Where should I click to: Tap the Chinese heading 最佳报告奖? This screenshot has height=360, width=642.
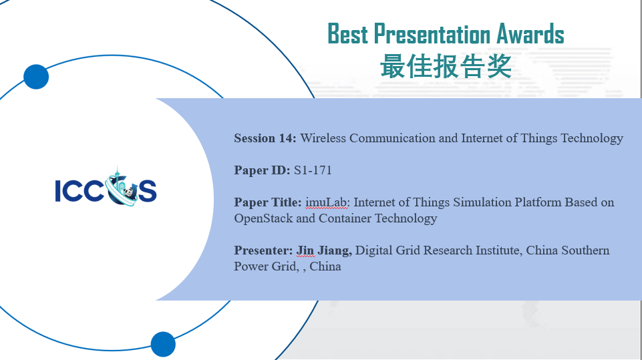coord(446,66)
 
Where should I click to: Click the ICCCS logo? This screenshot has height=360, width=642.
coord(106,186)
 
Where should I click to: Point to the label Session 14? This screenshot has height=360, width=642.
coord(265,138)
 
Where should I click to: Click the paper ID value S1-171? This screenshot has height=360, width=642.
coord(313,170)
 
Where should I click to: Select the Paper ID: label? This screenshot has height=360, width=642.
coord(262,170)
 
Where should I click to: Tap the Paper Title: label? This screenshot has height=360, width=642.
coord(268,202)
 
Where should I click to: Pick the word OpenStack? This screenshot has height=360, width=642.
coord(263,218)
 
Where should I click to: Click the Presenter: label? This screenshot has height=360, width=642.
coord(263,250)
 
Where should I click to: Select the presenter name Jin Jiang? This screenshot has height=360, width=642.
coord(324,250)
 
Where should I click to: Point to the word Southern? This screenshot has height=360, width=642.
coord(585,250)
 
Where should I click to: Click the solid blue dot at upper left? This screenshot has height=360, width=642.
coord(36,77)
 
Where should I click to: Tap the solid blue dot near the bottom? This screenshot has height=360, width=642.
coord(163,344)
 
